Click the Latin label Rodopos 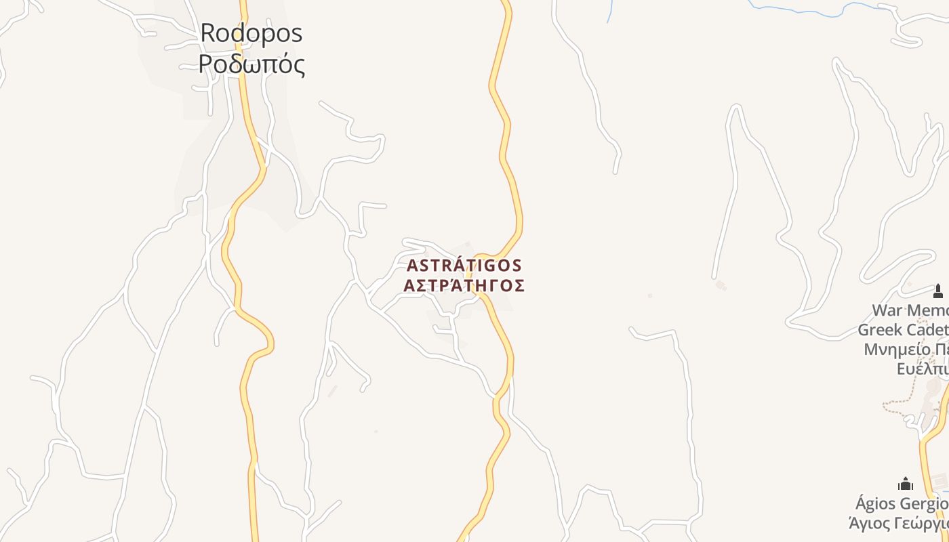pos(251,33)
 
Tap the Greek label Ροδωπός pos(251,64)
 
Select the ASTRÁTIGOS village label pos(464,265)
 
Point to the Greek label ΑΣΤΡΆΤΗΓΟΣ pos(464,285)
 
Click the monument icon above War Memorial pos(938,291)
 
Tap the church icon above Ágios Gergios pos(906,484)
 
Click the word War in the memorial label pos(887,311)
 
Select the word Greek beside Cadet pos(879,330)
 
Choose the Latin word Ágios pos(876,505)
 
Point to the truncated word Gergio pos(925,505)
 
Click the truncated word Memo pos(928,311)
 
